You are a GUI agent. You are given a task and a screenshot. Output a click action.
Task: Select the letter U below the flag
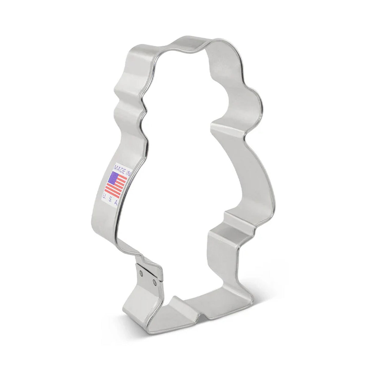[105, 196]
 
